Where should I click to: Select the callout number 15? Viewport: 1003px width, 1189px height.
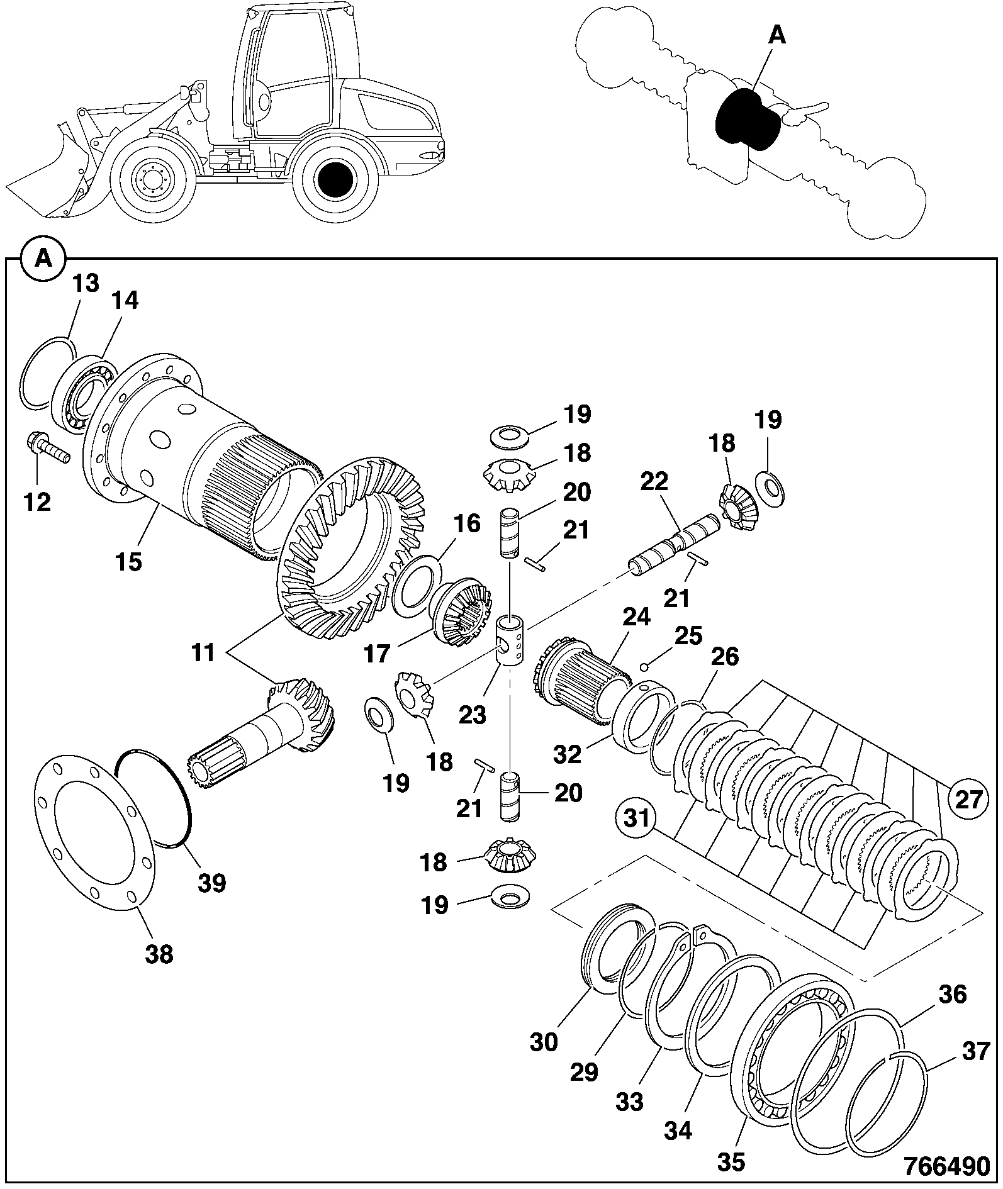tap(128, 561)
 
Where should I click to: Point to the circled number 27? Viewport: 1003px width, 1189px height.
tap(968, 800)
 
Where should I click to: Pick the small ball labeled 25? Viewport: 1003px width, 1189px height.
tap(644, 667)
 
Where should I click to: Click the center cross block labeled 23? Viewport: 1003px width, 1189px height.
tap(513, 640)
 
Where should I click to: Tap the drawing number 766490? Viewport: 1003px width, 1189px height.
tap(946, 1165)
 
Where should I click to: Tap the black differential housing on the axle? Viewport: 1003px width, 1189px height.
tap(748, 119)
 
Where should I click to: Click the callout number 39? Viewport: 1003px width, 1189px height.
tap(211, 883)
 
